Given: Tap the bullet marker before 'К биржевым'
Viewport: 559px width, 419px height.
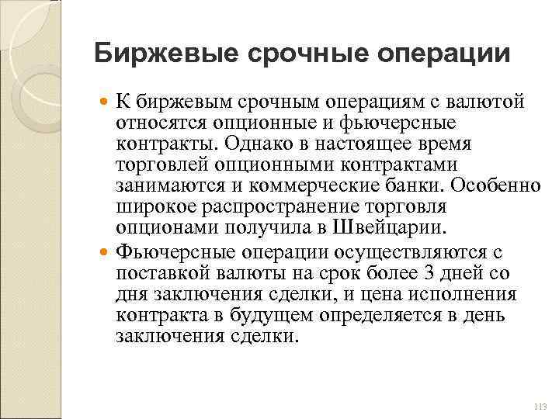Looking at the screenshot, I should click(104, 102).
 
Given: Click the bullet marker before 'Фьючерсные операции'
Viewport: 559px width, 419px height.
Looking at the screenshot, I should click(104, 253).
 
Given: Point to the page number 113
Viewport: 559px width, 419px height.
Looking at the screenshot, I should click(540, 407).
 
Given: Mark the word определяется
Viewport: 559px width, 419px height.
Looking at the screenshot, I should click(352, 316).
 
